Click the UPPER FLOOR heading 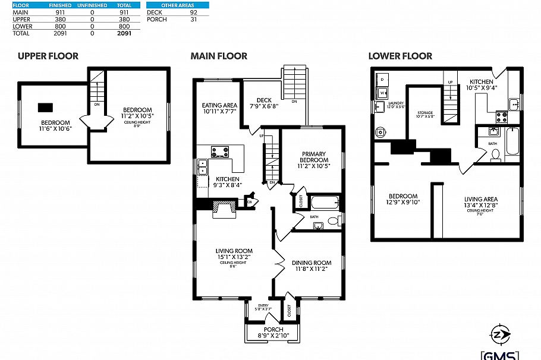[48, 56]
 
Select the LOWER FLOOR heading [400, 56]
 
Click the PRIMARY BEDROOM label [313, 156]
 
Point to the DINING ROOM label [311, 263]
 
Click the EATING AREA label [219, 105]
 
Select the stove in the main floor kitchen [220, 152]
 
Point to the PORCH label [273, 330]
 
